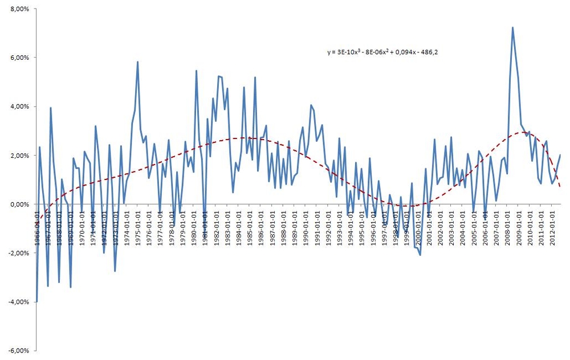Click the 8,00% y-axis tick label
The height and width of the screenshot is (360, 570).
click(19, 9)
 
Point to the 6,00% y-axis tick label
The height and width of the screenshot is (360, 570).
click(19, 58)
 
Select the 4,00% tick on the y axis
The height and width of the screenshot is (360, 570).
click(19, 107)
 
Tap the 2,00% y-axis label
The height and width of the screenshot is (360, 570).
click(19, 156)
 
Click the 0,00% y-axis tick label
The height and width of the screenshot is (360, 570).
click(19, 204)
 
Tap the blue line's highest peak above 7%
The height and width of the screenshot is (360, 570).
click(512, 27)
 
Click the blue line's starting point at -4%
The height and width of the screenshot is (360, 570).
click(36, 301)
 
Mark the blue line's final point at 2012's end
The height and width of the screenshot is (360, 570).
click(560, 155)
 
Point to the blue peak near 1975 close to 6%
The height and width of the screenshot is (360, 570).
click(137, 62)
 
